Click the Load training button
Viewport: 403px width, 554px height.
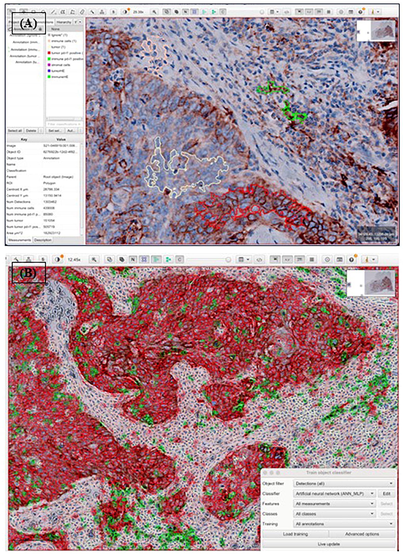295,534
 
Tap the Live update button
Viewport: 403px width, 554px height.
329,544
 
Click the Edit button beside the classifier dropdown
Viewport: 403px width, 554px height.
386,494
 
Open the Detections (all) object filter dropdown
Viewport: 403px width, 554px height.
344,483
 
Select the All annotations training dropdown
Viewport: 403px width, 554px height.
344,524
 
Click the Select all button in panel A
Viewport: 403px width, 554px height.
15,130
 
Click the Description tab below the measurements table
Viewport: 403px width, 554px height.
43,240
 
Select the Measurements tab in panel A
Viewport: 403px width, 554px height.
20,240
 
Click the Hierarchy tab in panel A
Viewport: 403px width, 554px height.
64,22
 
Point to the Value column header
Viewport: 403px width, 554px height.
61,139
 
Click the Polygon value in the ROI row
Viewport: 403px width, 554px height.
49,183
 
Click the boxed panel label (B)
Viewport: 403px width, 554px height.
29,273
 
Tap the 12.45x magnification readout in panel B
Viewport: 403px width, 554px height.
74,259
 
